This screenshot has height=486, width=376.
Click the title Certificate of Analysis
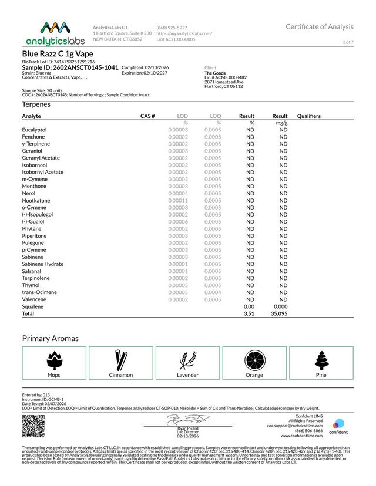(320, 27)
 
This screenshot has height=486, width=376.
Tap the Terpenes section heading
(36, 104)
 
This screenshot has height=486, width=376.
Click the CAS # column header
(147, 116)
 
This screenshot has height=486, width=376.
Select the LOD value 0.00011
(178, 201)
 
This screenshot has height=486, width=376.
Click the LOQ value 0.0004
(213, 292)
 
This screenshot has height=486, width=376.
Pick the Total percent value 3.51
(249, 314)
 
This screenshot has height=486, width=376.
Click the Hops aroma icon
(54, 359)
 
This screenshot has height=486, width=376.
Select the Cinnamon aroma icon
(121, 359)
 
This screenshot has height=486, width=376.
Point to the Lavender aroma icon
(188, 359)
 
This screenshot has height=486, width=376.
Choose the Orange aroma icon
(254, 359)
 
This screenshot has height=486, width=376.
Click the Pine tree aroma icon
(321, 359)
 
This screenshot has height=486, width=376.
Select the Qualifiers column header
(309, 116)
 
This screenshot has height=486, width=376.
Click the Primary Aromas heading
(50, 339)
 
